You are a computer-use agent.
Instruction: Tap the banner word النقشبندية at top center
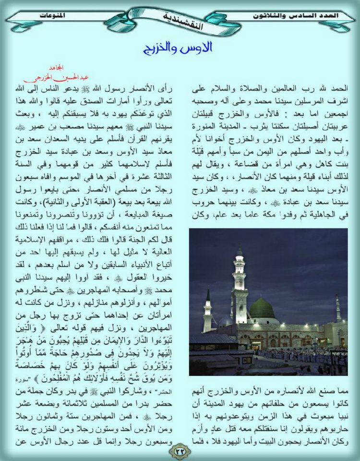(180, 23)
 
